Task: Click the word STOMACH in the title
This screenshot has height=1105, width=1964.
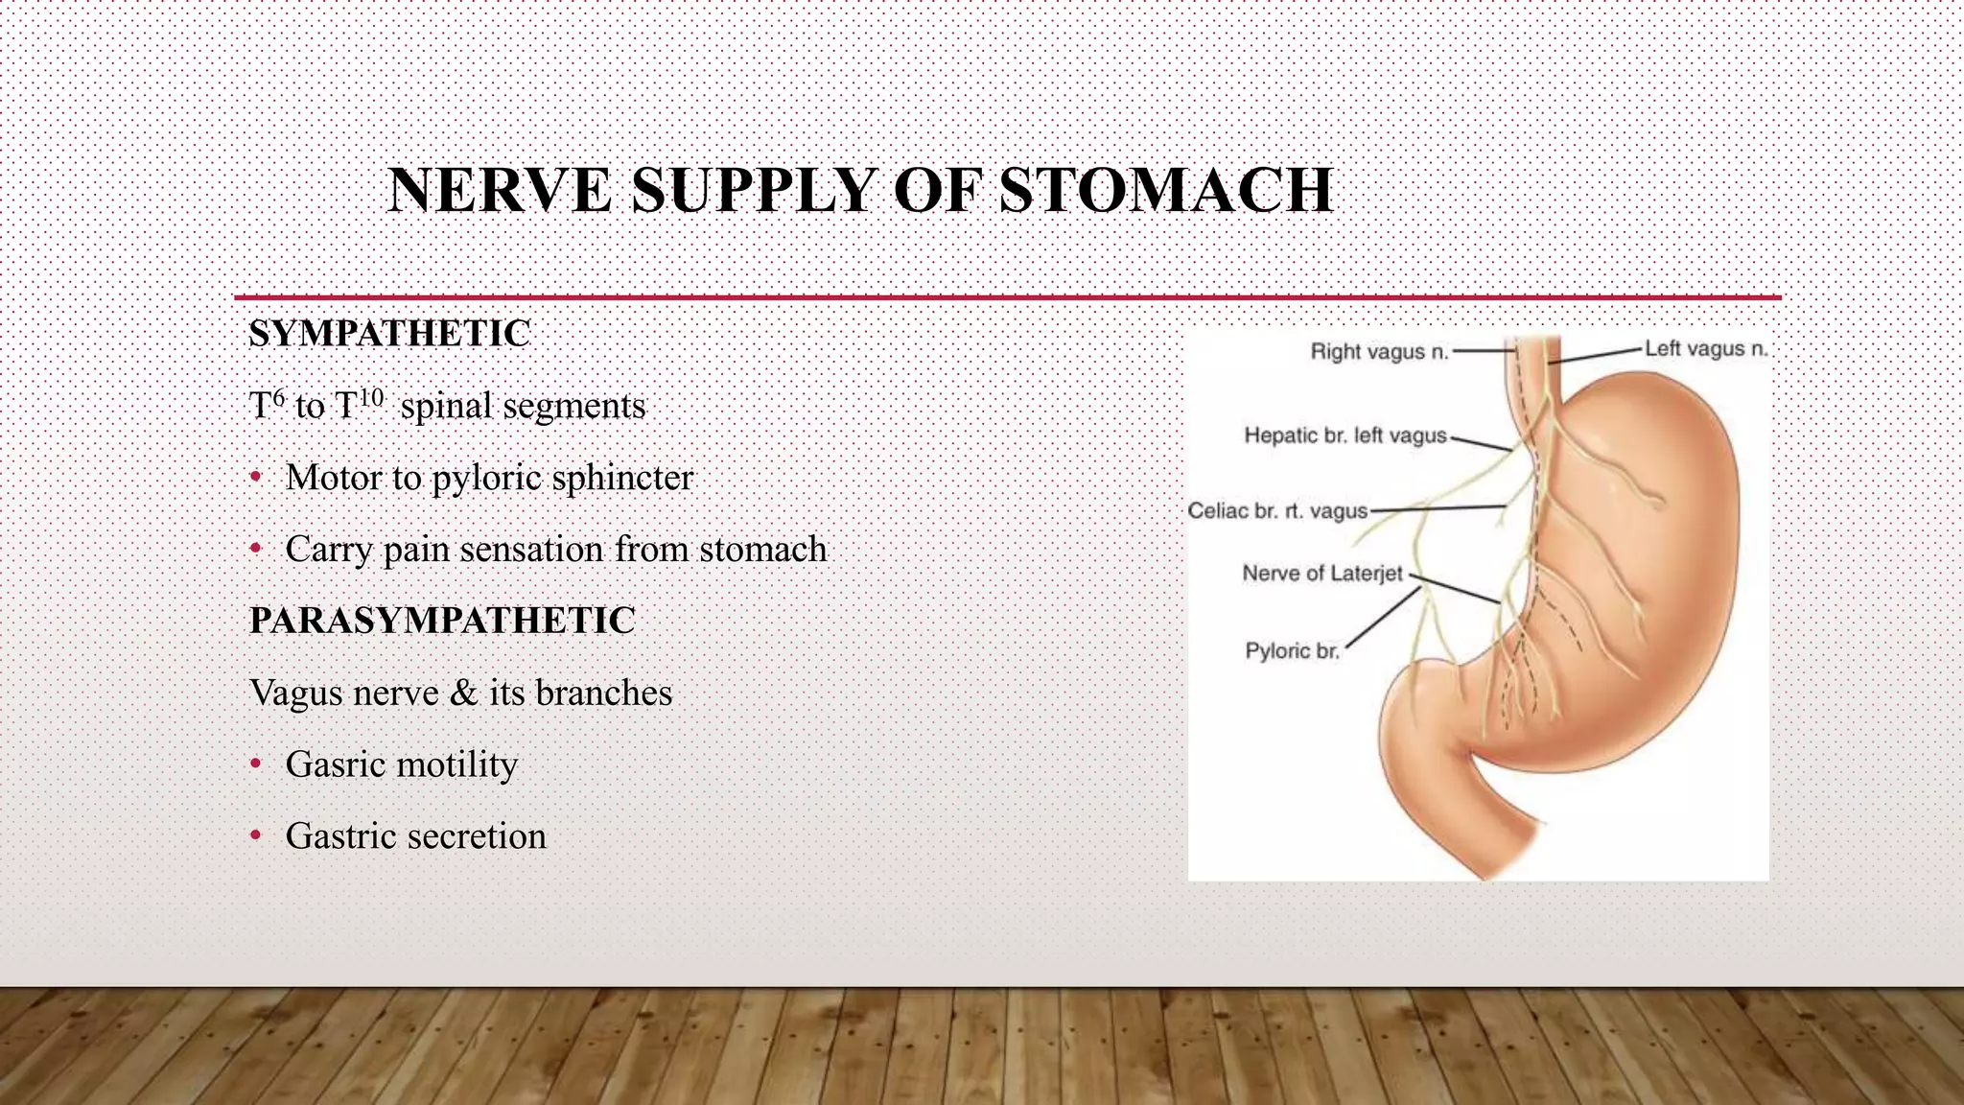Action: pyautogui.click(x=1165, y=190)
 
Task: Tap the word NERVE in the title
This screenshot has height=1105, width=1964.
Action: pyautogui.click(x=499, y=190)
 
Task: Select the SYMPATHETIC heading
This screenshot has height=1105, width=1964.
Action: pyautogui.click(x=389, y=334)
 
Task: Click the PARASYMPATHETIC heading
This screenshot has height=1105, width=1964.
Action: pyautogui.click(x=442, y=621)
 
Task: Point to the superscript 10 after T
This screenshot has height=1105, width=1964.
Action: pyautogui.click(x=371, y=396)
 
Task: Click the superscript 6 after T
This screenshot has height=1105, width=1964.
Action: pyautogui.click(x=279, y=396)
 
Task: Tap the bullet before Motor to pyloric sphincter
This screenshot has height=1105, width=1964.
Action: pyautogui.click(x=255, y=477)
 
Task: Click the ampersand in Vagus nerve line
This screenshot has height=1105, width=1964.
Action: pyautogui.click(x=463, y=693)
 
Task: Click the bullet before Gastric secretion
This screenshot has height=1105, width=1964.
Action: pyautogui.click(x=255, y=835)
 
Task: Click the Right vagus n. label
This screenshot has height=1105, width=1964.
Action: pyautogui.click(x=1378, y=352)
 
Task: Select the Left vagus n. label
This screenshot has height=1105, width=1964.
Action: pyautogui.click(x=1705, y=349)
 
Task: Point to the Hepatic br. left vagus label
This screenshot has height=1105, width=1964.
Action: pyautogui.click(x=1344, y=435)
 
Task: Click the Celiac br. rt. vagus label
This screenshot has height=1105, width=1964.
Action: pyautogui.click(x=1277, y=510)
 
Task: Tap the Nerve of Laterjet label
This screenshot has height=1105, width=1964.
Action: pyautogui.click(x=1321, y=574)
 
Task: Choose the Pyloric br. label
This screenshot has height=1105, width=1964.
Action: pyautogui.click(x=1291, y=651)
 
